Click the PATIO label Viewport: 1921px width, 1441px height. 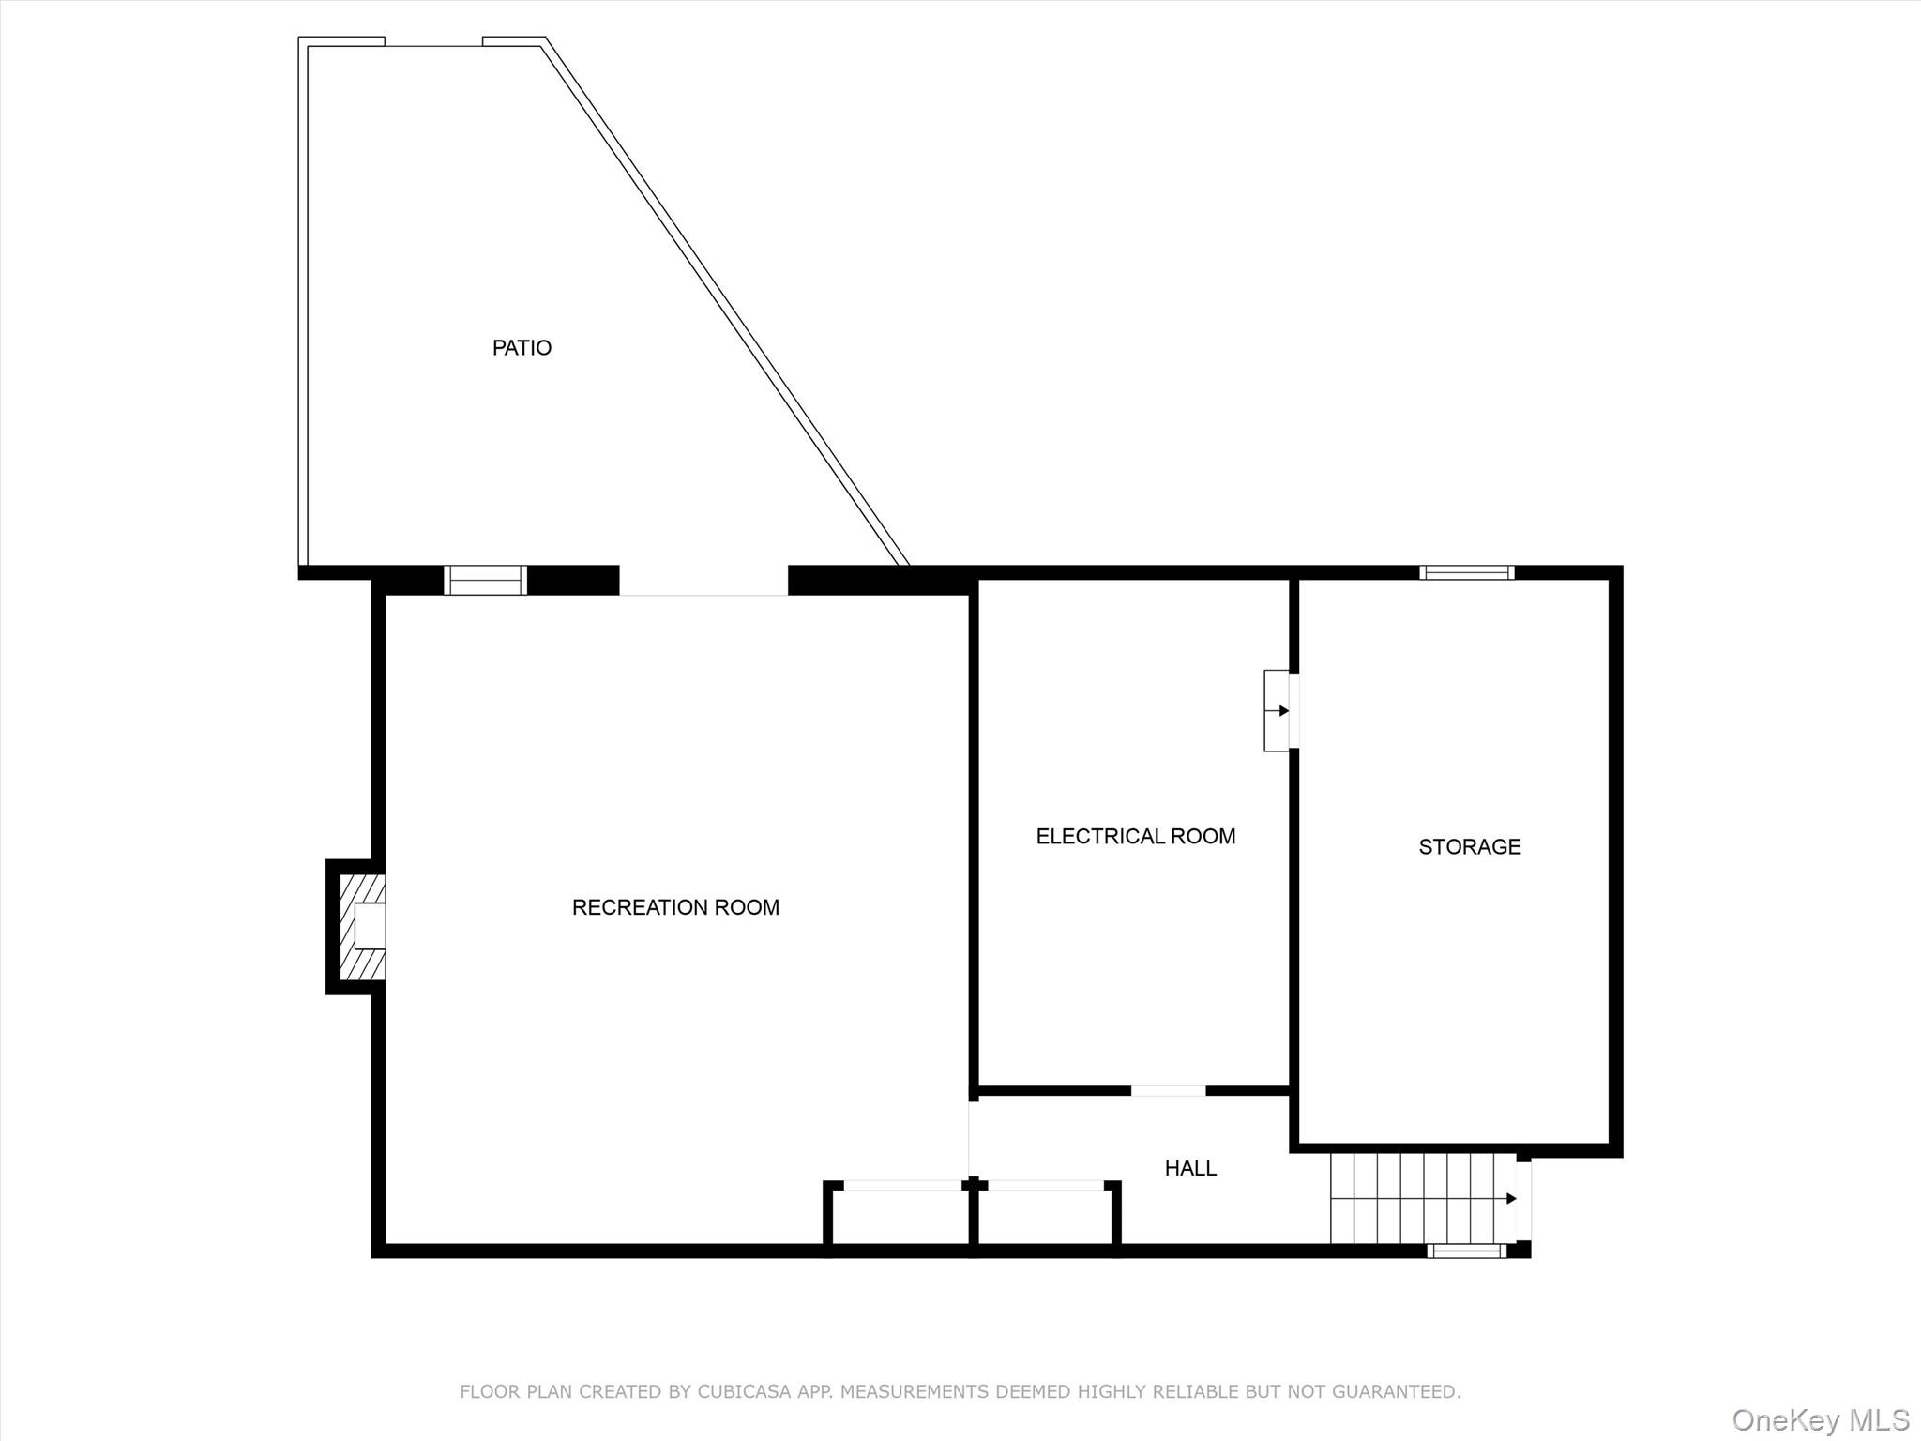pos(522,348)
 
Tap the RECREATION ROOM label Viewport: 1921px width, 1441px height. pos(675,907)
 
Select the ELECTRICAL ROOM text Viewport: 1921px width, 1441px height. pos(1136,836)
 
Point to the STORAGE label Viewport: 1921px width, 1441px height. pos(1470,847)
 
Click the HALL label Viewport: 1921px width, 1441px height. pos(1190,1168)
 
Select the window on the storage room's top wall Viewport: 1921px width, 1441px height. pos(1466,572)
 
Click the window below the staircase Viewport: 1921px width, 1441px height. pos(1467,1251)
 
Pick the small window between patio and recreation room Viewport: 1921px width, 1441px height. pos(485,580)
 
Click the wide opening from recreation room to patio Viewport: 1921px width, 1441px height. pos(703,582)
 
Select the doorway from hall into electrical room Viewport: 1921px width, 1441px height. pos(1168,1090)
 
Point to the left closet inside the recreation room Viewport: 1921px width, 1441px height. pos(899,1216)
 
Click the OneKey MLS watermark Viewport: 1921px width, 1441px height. pos(1821,1419)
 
